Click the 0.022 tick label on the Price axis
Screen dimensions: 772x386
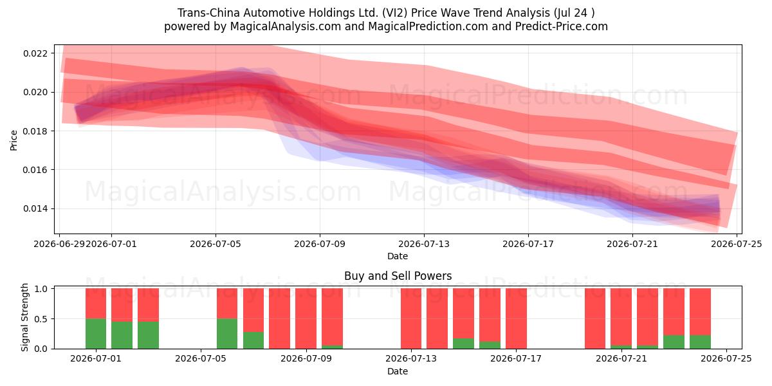[x=35, y=53]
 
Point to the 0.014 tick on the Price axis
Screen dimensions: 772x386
[x=35, y=209]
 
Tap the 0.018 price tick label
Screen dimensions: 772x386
[x=35, y=131]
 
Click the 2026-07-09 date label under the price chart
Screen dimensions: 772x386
[x=320, y=244]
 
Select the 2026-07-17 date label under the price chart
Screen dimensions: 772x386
[x=528, y=244]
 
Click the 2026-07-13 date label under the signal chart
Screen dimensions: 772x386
[x=411, y=358]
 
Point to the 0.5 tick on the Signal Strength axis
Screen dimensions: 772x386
[x=41, y=319]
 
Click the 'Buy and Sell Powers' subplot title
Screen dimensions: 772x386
[x=398, y=276]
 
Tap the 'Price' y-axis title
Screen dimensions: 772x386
[x=14, y=140]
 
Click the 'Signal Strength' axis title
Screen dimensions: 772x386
[x=24, y=317]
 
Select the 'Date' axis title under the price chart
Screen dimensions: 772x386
[x=398, y=256]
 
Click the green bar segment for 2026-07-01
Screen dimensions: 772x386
[x=96, y=334]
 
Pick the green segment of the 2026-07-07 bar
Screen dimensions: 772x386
[x=253, y=340]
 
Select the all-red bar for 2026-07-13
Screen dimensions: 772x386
[x=411, y=318]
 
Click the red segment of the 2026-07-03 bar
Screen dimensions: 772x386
[x=148, y=305]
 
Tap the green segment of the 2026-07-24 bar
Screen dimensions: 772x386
[x=700, y=342]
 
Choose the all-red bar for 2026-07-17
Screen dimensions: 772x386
[x=516, y=318]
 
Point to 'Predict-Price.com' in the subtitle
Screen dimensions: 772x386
[x=562, y=26]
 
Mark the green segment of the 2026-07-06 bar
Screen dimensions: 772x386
[x=227, y=334]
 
